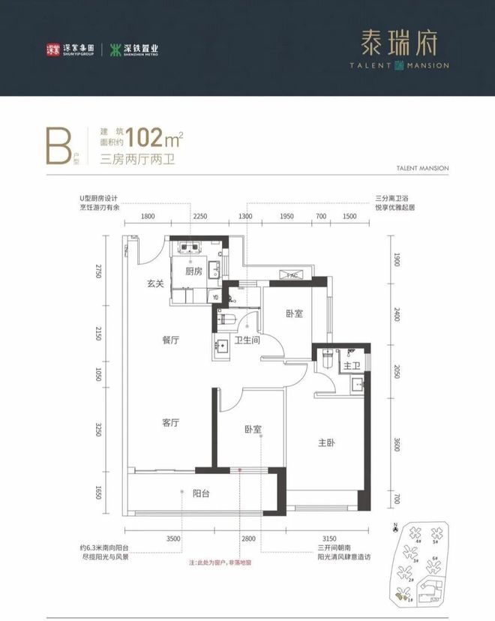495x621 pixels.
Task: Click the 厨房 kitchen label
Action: (x=194, y=271)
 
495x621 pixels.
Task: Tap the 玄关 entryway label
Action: (x=155, y=283)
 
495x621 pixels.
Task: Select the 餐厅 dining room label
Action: (x=170, y=340)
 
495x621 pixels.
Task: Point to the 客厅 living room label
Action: (x=170, y=422)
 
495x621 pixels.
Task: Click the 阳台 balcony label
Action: (x=200, y=493)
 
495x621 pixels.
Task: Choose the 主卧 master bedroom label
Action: (x=326, y=443)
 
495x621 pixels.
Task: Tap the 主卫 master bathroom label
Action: (x=350, y=366)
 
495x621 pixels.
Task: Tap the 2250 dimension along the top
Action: (x=200, y=216)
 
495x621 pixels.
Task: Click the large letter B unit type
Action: (x=56, y=147)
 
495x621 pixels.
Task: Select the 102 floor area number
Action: (x=145, y=139)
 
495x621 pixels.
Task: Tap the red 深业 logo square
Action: (x=53, y=50)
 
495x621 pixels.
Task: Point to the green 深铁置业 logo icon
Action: (x=116, y=50)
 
